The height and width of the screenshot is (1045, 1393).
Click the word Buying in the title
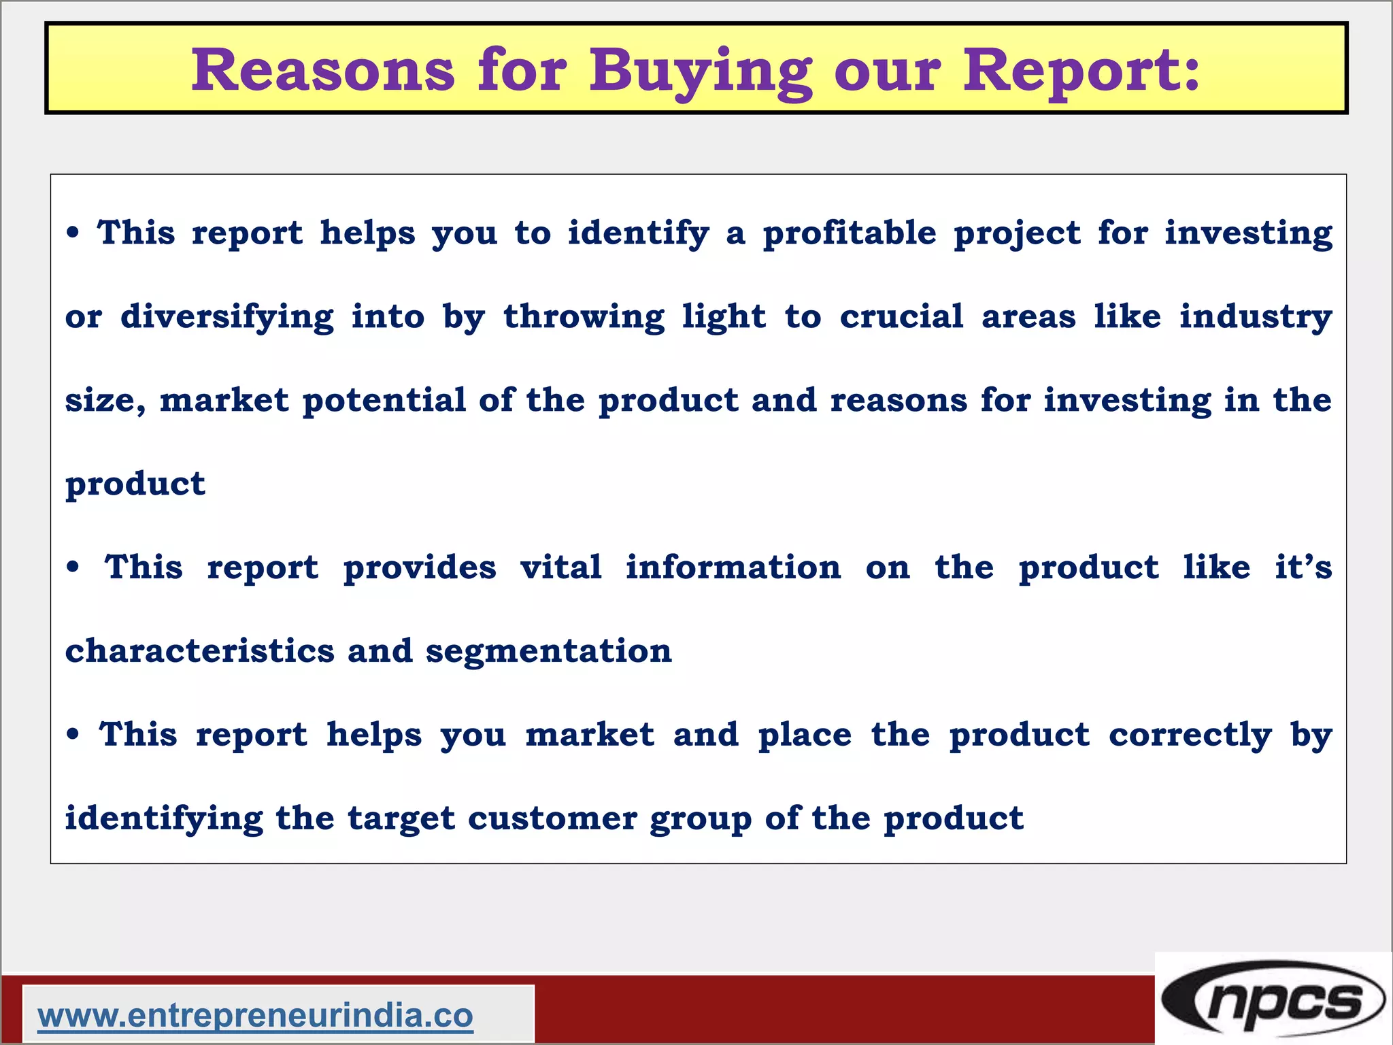pyautogui.click(x=701, y=71)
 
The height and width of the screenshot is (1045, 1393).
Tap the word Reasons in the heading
pyautogui.click(x=322, y=71)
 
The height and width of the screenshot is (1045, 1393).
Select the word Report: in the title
pyautogui.click(x=1081, y=71)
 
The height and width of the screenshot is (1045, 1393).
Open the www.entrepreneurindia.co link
pyautogui.click(x=256, y=1016)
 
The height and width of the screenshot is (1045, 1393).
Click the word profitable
pyautogui.click(x=850, y=233)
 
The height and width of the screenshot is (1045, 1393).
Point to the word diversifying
pyautogui.click(x=227, y=317)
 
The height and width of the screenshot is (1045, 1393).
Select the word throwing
pyautogui.click(x=584, y=317)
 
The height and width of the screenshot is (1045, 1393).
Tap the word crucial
pyautogui.click(x=901, y=316)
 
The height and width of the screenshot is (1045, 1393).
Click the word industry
pyautogui.click(x=1255, y=317)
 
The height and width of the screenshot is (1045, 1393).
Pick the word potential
pyautogui.click(x=384, y=400)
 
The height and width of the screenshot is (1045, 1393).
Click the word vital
pyautogui.click(x=561, y=567)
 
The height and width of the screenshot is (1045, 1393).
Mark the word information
pyautogui.click(x=733, y=567)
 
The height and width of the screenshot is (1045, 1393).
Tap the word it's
pyautogui.click(x=1303, y=567)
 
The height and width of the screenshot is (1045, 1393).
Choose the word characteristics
pyautogui.click(x=200, y=650)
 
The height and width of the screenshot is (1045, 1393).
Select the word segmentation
pyautogui.click(x=548, y=651)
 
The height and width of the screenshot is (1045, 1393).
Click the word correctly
pyautogui.click(x=1190, y=735)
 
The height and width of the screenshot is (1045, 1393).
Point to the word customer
pyautogui.click(x=552, y=818)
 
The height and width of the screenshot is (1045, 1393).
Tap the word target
pyautogui.click(x=401, y=818)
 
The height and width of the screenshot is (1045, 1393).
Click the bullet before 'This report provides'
pyautogui.click(x=73, y=567)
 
